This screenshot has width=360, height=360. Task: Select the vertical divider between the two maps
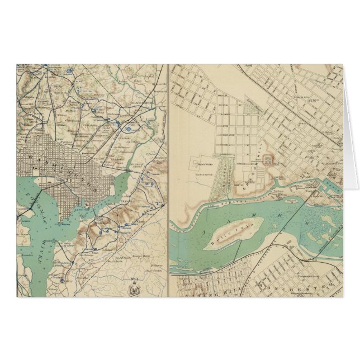(x=168, y=179)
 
